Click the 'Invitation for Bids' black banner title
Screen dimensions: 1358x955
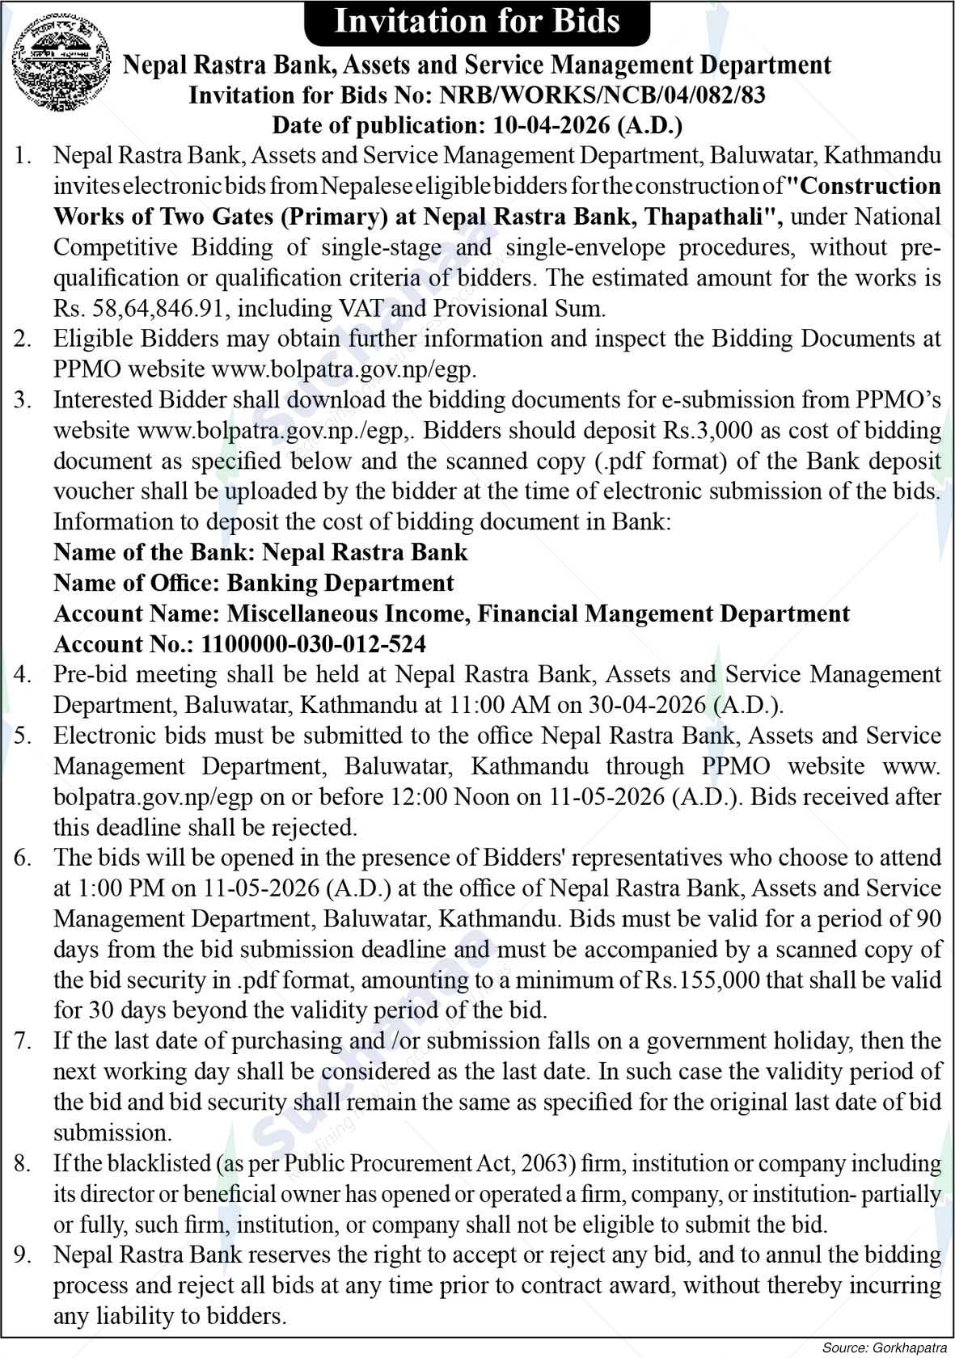[477, 21]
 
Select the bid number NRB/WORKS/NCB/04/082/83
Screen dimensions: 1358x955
[602, 95]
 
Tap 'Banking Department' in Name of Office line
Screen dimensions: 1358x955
[340, 583]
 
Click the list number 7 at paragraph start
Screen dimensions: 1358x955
[23, 1041]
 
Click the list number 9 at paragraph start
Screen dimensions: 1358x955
[23, 1255]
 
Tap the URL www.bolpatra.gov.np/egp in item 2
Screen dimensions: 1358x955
[343, 369]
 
